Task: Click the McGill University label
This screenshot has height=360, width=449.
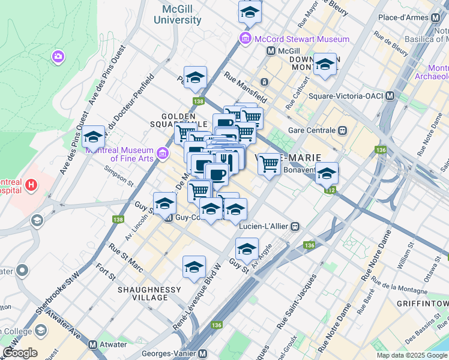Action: point(181,14)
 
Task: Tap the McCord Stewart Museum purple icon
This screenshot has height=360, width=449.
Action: point(245,39)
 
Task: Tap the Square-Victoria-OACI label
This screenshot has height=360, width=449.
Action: point(346,96)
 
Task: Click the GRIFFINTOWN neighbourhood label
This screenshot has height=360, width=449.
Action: point(422,304)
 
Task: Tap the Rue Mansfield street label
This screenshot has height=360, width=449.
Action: point(245,85)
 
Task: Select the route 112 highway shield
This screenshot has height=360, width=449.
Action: point(330,190)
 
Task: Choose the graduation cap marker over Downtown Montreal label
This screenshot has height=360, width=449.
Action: point(325,64)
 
